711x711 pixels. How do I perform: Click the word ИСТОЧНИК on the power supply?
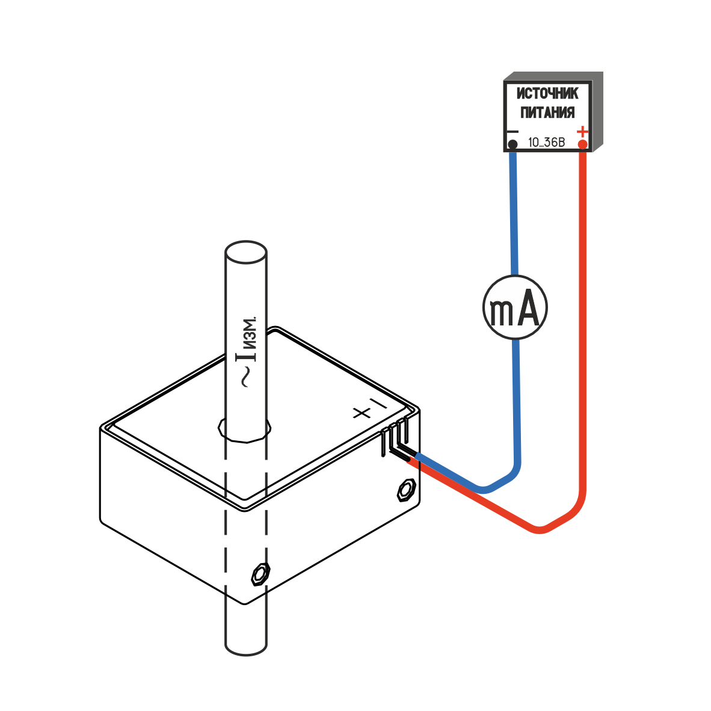[547, 94]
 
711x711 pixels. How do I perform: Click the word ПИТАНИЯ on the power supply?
[547, 113]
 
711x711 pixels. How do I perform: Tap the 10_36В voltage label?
[546, 143]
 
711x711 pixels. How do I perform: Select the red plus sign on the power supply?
[582, 131]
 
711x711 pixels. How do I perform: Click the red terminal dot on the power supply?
[582, 144]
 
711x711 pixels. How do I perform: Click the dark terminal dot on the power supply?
[512, 144]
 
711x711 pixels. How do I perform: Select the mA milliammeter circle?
[515, 307]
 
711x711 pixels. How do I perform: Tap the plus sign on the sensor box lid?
[362, 413]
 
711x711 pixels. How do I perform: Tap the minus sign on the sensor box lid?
[377, 402]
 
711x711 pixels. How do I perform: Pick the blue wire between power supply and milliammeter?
[512, 211]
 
